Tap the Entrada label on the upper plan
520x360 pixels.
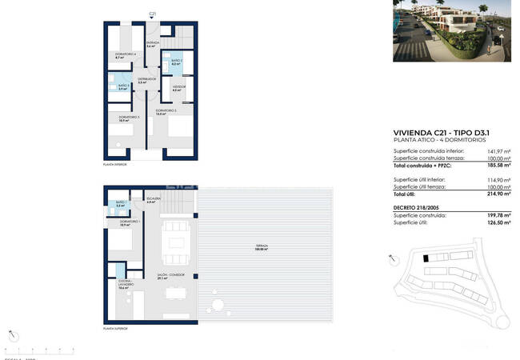coord(153,45)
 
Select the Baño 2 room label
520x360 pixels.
coord(176,62)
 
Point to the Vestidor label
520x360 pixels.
coord(178,87)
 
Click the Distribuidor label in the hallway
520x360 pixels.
coord(146,80)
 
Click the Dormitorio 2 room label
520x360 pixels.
coord(166,112)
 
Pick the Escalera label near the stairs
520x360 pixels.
coord(154,200)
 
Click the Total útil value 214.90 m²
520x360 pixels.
coord(499,194)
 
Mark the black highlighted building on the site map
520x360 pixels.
coord(426,258)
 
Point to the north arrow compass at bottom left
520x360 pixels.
coord(11,334)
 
